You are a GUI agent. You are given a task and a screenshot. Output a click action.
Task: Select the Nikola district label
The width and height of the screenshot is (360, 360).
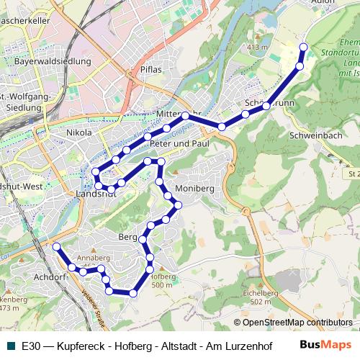[x=78, y=133]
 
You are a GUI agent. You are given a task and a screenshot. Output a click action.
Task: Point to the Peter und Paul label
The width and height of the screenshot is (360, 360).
[x=180, y=144]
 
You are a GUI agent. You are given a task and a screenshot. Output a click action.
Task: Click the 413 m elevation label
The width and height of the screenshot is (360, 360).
[x=256, y=48]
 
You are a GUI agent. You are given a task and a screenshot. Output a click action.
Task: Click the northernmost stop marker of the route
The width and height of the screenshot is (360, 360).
[x=303, y=48]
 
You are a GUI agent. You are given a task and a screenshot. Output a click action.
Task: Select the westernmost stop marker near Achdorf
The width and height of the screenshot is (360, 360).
[x=56, y=246]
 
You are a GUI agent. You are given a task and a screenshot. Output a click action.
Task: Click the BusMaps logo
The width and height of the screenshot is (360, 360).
[x=325, y=345]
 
